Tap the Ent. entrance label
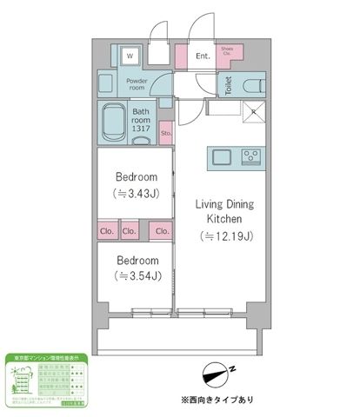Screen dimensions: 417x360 (x=203, y=57)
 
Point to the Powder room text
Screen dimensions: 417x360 (x=139, y=84)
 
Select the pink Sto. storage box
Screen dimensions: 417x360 (x=165, y=134)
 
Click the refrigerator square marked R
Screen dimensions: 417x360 (x=253, y=111)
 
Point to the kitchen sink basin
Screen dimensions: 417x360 (x=220, y=156)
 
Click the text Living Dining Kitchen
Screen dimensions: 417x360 (x=222, y=212)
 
